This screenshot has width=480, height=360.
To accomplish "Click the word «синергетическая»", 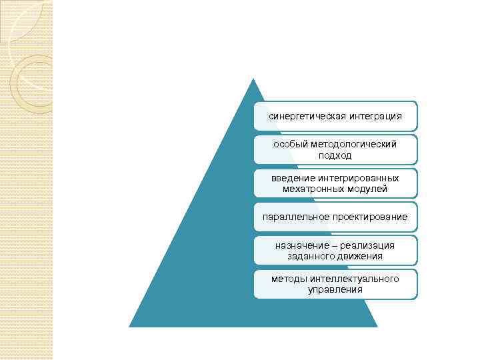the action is pos(302,117).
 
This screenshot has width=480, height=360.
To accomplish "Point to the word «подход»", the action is pos(335,155).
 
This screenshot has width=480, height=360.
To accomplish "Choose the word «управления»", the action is pos(335,289).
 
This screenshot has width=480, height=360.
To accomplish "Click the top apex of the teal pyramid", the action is pos(253,79).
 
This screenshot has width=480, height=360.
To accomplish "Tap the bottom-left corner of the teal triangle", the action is pos(129,326).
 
